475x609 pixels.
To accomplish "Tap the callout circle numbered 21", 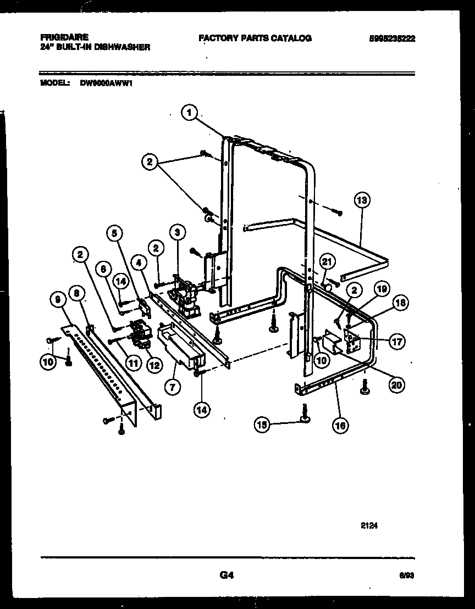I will point(328,262).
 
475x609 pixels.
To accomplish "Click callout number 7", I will point(172,387).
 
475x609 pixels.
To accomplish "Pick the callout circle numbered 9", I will point(59,299).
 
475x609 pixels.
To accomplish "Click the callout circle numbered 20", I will point(395,385).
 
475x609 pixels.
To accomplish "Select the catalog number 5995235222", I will point(392,38).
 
